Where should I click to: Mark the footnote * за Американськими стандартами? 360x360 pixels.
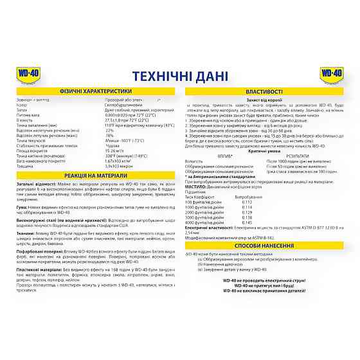click(x=213, y=175)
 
